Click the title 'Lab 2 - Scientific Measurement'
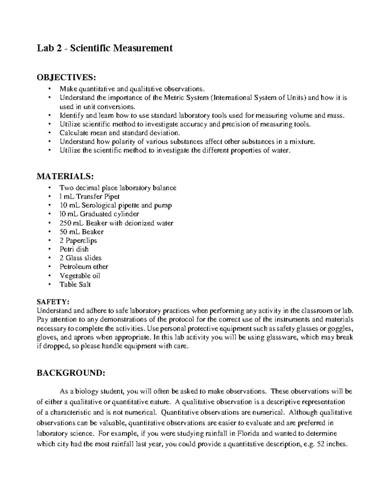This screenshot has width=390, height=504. coord(104,48)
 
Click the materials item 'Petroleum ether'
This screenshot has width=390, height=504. coord(84,267)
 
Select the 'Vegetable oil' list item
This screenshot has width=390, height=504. coord(80,276)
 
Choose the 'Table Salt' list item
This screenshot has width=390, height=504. coord(75,285)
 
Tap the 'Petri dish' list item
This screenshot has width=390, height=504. coord(74,249)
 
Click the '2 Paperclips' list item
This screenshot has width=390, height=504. coord(78,240)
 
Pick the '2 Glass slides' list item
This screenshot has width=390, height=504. coord(80,258)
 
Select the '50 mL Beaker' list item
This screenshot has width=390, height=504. coord(81,232)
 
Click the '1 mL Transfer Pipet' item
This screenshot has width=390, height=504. coord(89,197)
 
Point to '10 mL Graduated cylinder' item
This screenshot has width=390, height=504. coord(99,214)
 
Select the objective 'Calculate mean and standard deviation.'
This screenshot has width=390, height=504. coord(119,133)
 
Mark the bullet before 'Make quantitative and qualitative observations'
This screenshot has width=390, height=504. coord(49,89)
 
